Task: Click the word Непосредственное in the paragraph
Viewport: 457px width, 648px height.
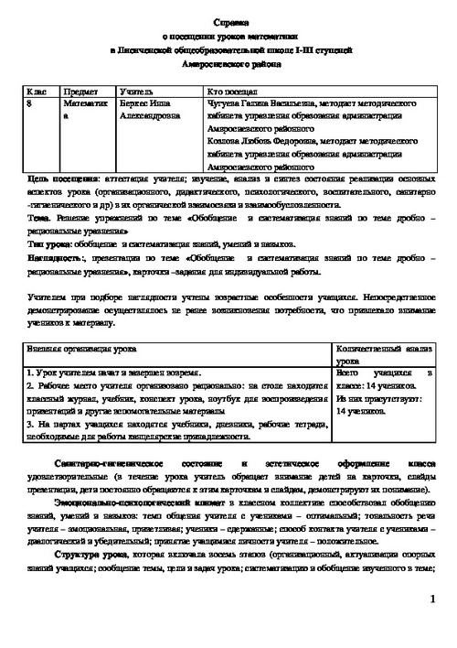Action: coord(389,297)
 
